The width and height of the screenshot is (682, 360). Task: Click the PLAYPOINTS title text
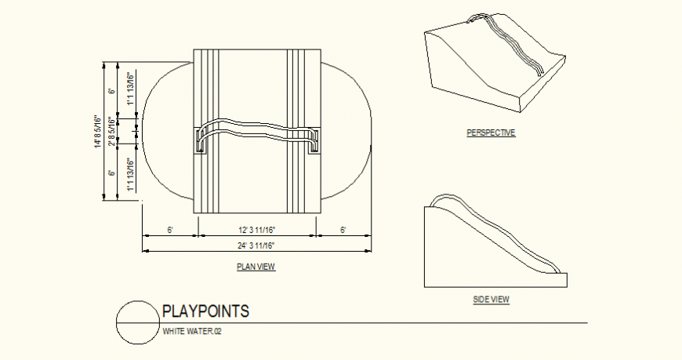coord(205,311)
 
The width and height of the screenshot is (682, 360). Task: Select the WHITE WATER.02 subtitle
coord(192,332)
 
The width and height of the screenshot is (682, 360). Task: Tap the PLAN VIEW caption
coord(256,267)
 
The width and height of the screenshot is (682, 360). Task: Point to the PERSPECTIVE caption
coord(491,133)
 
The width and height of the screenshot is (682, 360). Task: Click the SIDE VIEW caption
coord(492,300)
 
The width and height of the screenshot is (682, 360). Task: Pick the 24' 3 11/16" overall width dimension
coord(256,245)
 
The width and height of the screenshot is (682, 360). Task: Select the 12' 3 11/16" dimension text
coord(256,230)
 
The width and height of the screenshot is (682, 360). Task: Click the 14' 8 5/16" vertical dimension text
coord(97,132)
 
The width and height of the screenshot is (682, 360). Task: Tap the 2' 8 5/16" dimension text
coord(113,132)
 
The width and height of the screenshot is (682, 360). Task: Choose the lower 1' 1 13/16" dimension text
coord(130,176)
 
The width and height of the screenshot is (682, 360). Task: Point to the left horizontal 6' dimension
coord(170,230)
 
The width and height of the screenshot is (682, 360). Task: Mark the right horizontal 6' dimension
coord(343,230)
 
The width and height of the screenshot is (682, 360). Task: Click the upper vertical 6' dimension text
coord(113,91)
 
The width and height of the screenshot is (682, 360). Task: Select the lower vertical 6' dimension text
coord(113,173)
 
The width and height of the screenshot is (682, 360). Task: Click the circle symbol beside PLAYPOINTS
coord(138,322)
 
